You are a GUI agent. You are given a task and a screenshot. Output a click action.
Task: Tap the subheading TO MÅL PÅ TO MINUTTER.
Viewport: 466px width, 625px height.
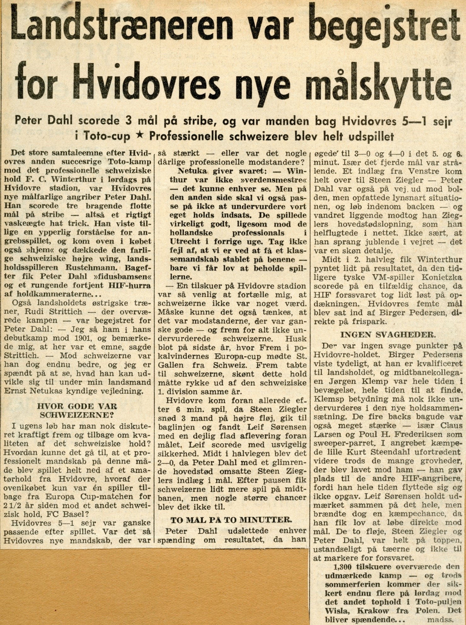coord(231,519)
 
